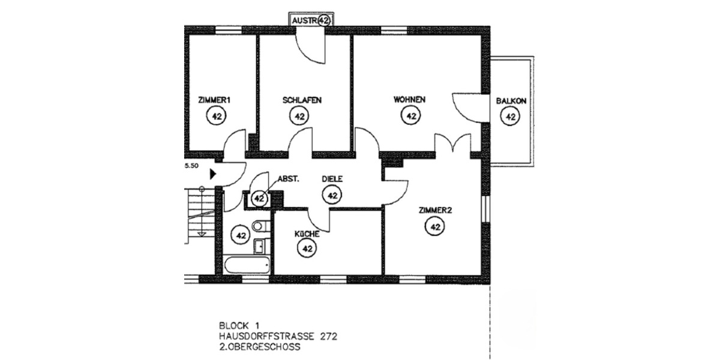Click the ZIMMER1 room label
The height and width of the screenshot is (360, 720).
(214, 100)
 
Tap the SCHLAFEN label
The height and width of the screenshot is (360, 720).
(298, 100)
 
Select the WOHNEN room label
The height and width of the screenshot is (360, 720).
(410, 100)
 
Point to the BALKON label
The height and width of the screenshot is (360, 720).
(511, 101)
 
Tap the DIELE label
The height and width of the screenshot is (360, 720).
(332, 179)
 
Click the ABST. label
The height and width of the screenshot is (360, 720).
(288, 179)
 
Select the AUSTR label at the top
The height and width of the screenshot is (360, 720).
(304, 20)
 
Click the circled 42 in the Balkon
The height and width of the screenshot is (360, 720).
(511, 117)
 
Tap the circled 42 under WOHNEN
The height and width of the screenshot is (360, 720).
(411, 116)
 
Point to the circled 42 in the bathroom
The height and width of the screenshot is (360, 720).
(241, 235)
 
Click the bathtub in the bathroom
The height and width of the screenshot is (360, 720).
(247, 264)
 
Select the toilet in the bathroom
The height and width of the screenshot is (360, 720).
(259, 226)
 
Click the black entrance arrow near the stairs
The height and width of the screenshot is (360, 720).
(212, 175)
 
